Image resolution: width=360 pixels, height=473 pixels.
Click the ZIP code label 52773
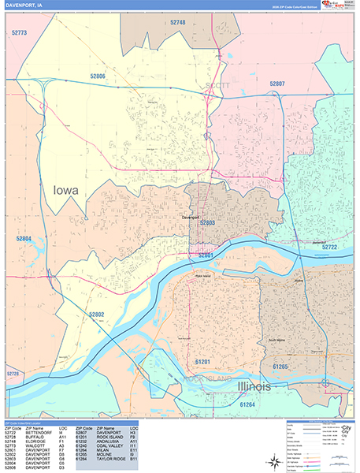coord(20,33)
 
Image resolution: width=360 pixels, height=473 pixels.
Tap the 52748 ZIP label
coord(178,23)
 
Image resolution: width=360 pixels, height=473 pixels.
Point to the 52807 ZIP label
coord(277,83)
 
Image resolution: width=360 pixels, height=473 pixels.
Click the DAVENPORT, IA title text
coord(25,6)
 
